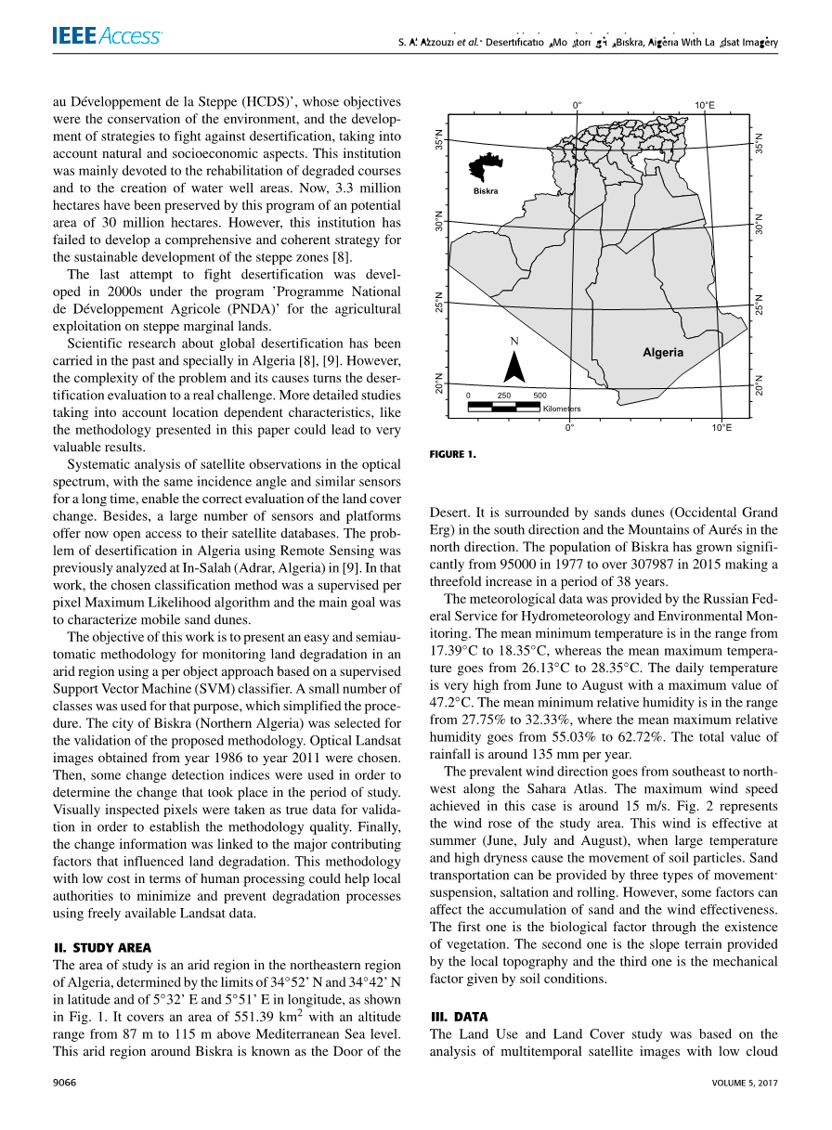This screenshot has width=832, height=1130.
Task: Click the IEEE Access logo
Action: click(107, 36)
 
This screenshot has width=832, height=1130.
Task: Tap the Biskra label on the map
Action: click(486, 191)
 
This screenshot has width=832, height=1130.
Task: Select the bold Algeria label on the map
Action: click(663, 353)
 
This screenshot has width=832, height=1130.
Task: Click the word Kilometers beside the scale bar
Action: click(561, 409)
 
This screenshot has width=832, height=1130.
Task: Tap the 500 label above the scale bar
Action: click(539, 396)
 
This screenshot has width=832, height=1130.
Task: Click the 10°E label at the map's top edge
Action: click(705, 105)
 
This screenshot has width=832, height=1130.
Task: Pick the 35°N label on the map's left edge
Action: click(440, 140)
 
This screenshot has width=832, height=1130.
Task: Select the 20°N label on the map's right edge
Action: click(759, 384)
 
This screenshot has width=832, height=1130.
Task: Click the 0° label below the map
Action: click(570, 428)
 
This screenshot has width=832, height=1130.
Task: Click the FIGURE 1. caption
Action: click(452, 454)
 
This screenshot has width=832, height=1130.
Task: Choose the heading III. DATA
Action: click(459, 1017)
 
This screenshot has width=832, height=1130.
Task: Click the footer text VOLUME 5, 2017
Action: click(745, 1083)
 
